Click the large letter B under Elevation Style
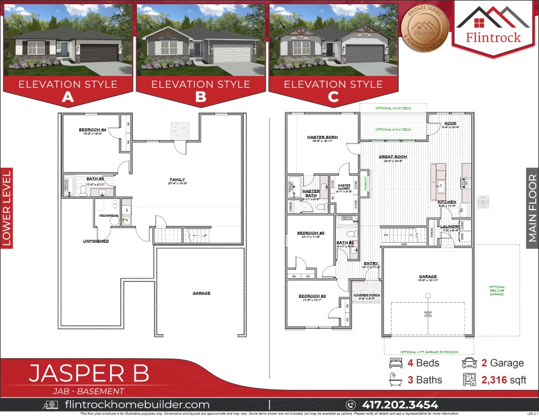pyautogui.click(x=201, y=96)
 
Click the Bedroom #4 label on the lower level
pyautogui.click(x=92, y=130)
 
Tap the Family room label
pyautogui.click(x=177, y=179)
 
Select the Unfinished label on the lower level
pyautogui.click(x=95, y=240)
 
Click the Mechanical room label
pyautogui.click(x=108, y=215)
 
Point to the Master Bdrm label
pyautogui.click(x=322, y=137)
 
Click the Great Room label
pyautogui.click(x=393, y=157)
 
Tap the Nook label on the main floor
pyautogui.click(x=450, y=123)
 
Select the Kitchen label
pyautogui.click(x=447, y=201)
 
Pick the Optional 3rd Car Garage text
pyautogui.click(x=497, y=291)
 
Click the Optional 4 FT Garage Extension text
pyautogui.click(x=428, y=352)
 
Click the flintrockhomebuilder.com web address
pyautogui.click(x=137, y=405)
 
